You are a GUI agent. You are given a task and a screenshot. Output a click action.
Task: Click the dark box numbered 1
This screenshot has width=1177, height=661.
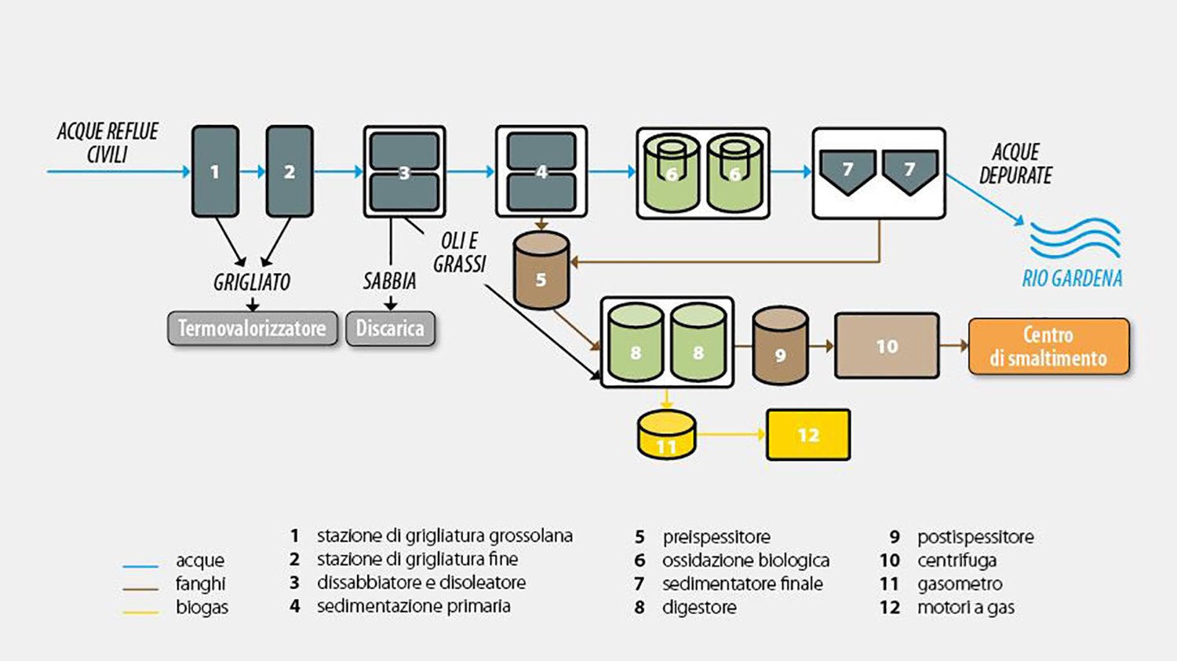(x=215, y=171)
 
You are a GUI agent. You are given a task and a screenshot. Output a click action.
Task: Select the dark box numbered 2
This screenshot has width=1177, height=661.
(x=290, y=171)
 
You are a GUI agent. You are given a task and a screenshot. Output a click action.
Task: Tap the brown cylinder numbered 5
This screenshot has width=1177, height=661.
(x=541, y=270)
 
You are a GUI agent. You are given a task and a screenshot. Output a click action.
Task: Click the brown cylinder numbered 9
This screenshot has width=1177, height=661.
(x=780, y=345)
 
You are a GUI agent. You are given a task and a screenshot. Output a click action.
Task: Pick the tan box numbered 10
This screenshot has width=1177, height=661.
(x=887, y=345)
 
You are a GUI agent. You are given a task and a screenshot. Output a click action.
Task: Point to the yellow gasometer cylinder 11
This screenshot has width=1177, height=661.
(x=667, y=434)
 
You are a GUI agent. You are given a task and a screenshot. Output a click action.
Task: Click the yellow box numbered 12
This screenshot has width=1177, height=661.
(x=808, y=435)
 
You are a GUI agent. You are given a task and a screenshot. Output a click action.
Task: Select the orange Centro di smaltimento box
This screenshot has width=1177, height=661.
(x=1049, y=346)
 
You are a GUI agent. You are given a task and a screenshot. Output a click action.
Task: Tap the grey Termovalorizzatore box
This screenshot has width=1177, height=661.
(x=253, y=329)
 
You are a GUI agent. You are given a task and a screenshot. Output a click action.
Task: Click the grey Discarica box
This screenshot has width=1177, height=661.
(x=391, y=329)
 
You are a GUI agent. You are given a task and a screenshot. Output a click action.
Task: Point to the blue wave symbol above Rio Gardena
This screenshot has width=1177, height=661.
(x=1075, y=238)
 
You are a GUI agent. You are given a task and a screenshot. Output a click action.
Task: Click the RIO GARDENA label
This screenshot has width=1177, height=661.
(x=1072, y=278)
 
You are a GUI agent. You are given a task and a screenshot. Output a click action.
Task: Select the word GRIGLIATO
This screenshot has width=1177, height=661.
(x=252, y=283)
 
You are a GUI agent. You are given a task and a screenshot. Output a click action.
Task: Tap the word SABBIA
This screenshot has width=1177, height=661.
(x=389, y=281)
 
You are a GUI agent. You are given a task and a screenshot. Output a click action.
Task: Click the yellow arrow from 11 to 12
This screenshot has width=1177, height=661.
(x=731, y=434)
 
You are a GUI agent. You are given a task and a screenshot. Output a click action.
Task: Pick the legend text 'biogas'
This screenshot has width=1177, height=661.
(x=202, y=608)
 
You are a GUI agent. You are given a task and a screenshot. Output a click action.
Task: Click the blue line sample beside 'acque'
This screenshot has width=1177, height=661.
(x=140, y=566)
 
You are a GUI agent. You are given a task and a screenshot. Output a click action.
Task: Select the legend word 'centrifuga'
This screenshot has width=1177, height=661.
(x=957, y=561)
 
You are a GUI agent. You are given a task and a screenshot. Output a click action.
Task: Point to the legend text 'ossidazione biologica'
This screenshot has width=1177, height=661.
(x=745, y=561)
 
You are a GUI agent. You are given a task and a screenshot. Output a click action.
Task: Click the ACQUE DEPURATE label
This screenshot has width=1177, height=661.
(x=1015, y=163)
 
